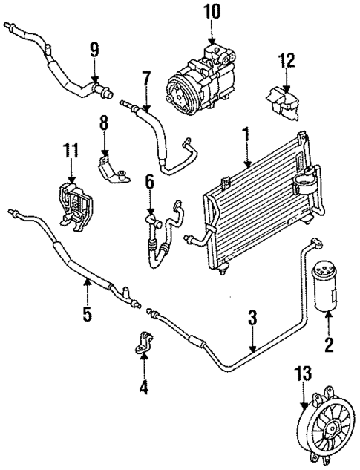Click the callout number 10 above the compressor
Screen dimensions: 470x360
pos(212,13)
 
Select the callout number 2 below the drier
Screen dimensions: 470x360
pos(330,344)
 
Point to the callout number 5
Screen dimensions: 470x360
pos(88,314)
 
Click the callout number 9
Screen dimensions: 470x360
pos(94,51)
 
